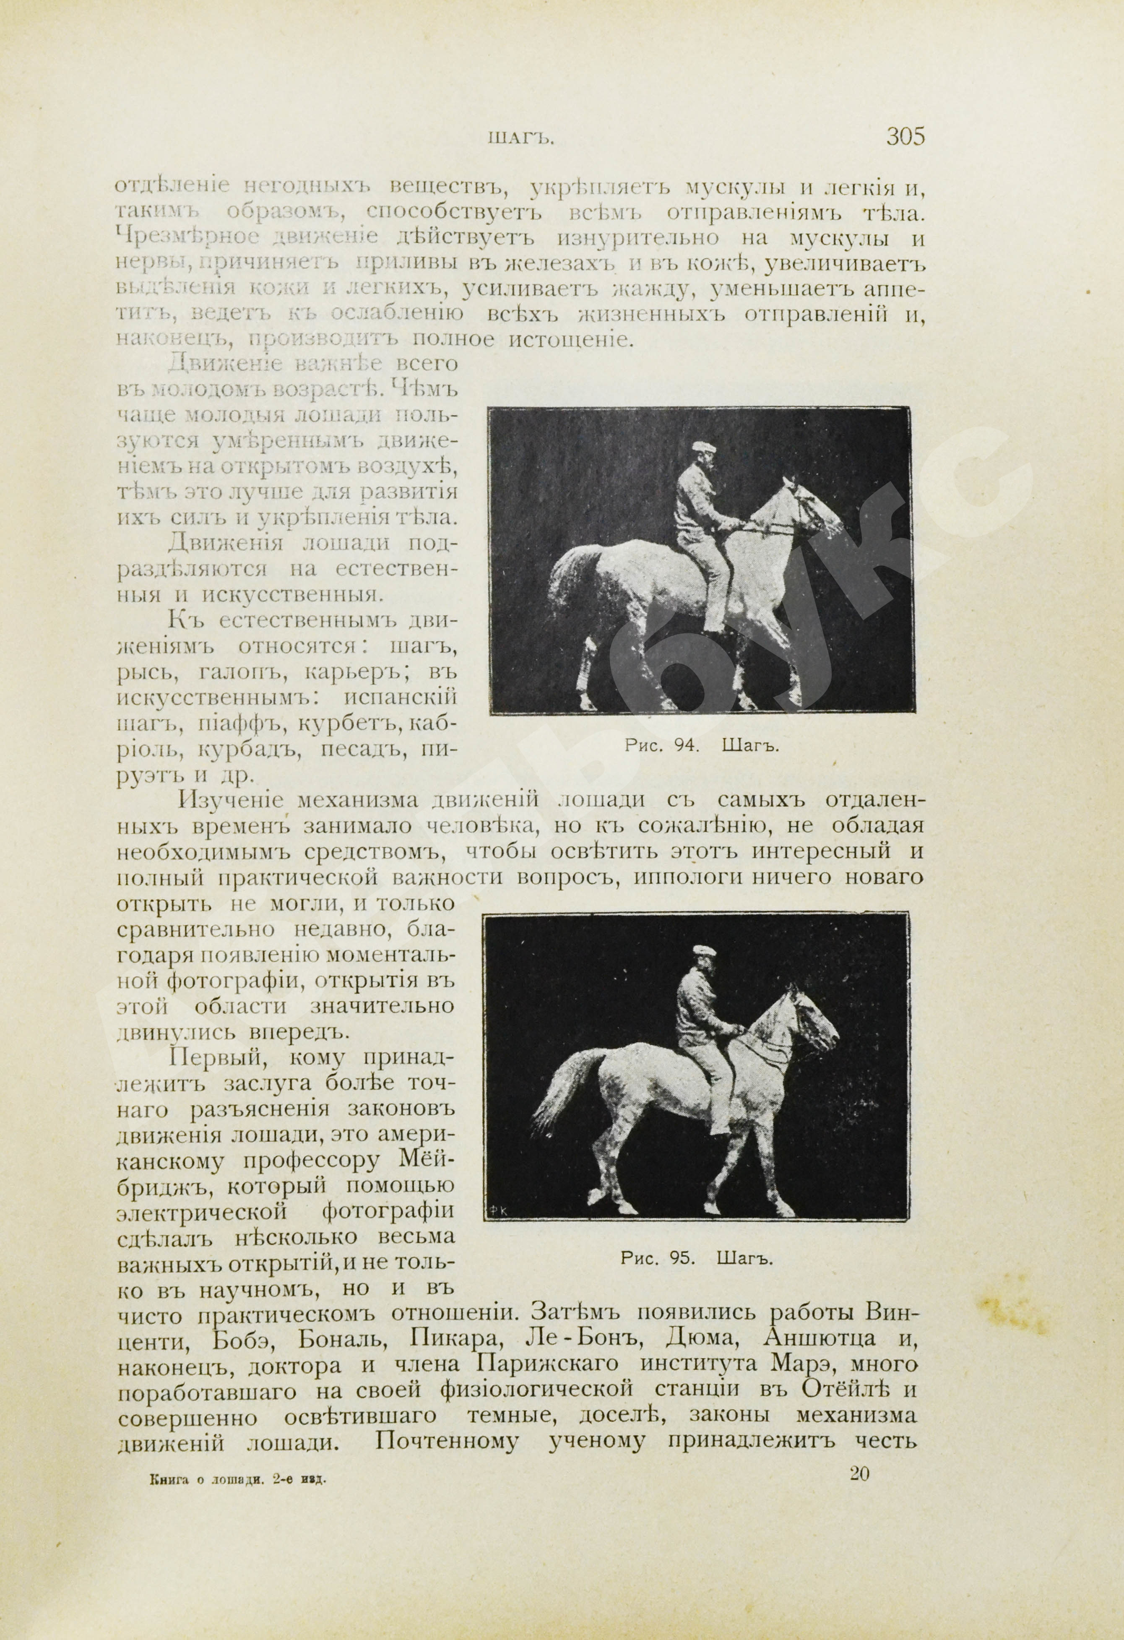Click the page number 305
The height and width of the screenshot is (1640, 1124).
[905, 136]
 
